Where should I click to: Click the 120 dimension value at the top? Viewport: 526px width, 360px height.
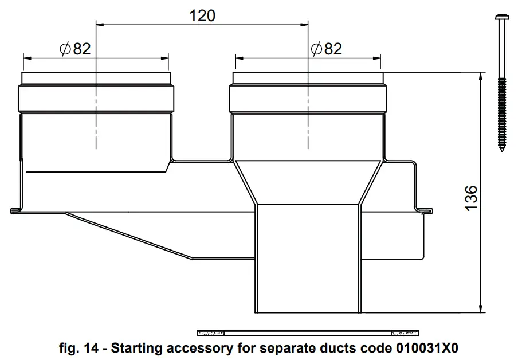click(202, 15)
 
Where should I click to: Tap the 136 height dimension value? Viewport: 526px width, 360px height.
click(471, 197)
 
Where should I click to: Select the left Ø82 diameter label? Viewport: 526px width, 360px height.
click(75, 49)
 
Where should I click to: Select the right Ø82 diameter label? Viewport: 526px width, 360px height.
click(326, 49)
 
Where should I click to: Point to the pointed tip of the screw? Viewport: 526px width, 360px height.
click(502, 150)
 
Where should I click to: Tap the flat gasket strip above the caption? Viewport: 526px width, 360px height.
click(308, 332)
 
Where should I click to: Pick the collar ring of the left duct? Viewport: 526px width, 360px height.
click(96, 99)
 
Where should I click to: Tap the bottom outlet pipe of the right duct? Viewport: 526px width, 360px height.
click(308, 258)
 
